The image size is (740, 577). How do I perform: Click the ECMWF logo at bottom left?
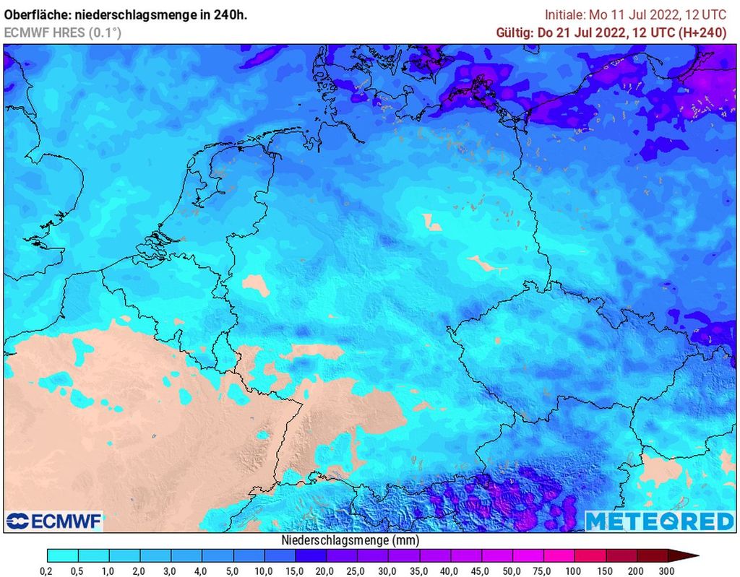53,521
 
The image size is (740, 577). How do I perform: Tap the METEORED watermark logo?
658,521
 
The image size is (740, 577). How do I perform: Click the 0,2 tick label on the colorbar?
48,571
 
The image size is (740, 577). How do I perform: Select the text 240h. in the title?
230,14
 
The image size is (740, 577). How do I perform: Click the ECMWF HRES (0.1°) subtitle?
62,32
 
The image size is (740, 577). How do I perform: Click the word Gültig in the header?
514,32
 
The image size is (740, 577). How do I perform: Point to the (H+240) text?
704,32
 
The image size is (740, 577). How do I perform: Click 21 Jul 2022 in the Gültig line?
590,32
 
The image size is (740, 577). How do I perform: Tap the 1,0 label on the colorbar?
109,571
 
